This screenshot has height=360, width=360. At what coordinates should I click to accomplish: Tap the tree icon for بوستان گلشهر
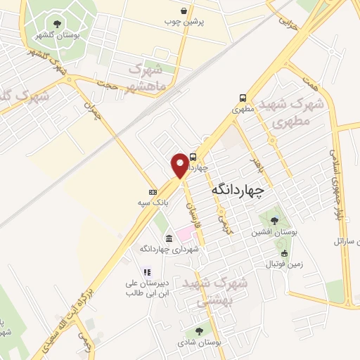click(57, 24)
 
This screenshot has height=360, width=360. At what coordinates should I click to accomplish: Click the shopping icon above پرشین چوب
click(184, 11)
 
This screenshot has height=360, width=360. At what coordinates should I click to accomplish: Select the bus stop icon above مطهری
click(243, 98)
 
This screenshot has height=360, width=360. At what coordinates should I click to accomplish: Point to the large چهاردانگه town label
click(237, 190)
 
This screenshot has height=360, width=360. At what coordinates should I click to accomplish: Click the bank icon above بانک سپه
click(153, 192)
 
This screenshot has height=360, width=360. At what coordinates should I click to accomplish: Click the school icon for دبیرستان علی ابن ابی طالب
click(147, 272)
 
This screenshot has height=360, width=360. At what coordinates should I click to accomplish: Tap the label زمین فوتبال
click(283, 264)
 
